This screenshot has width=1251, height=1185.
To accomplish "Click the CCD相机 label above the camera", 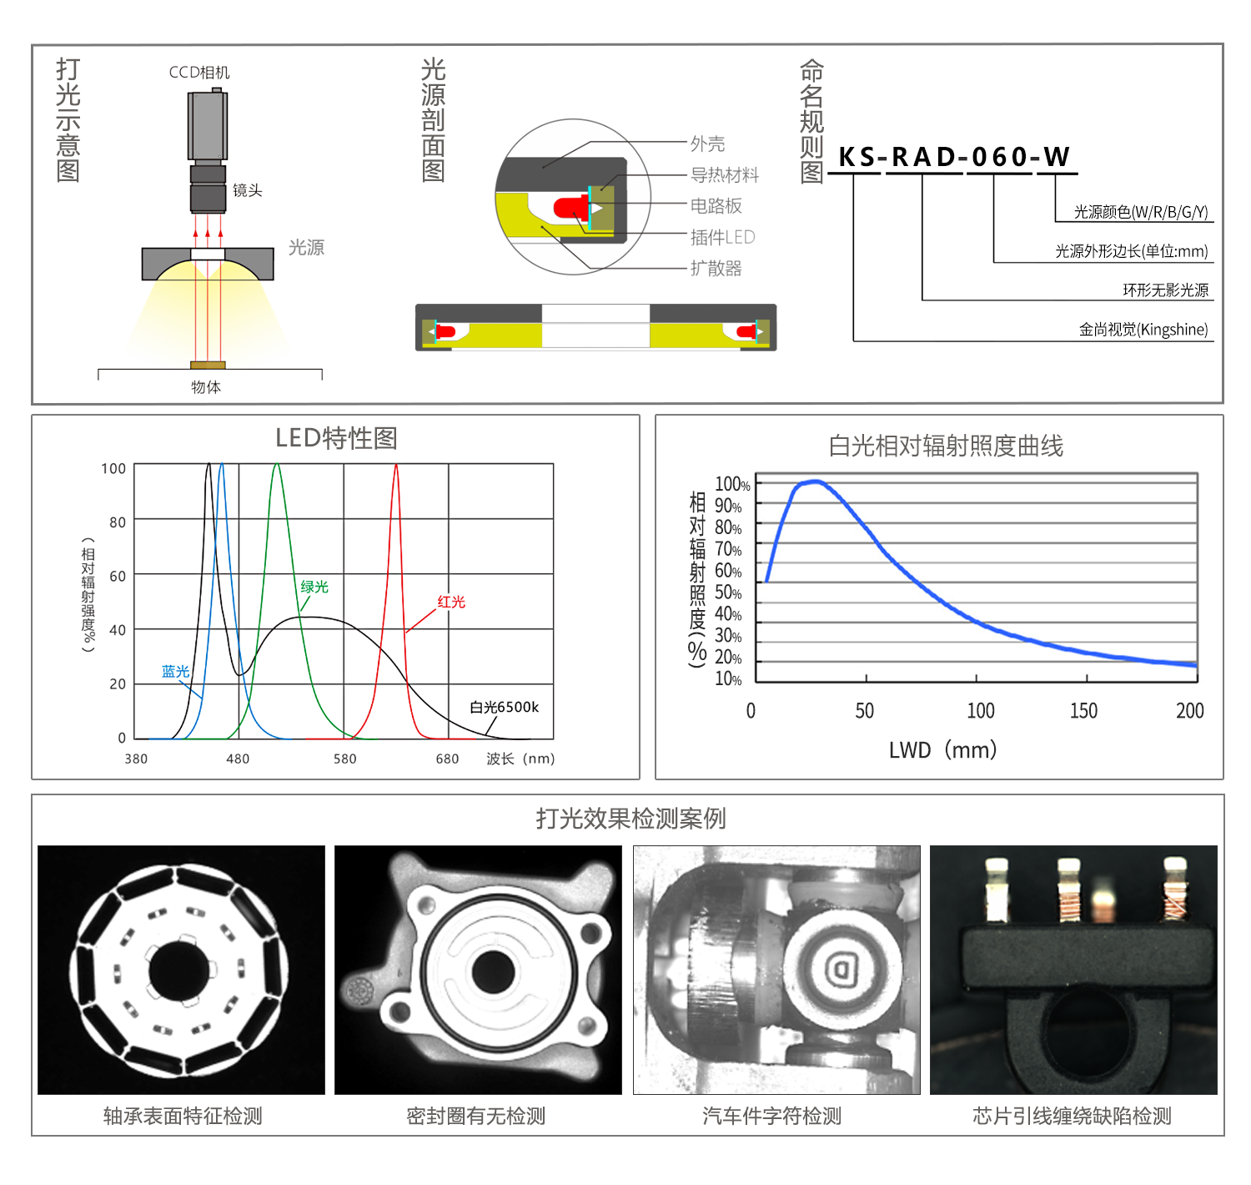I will coord(199,73).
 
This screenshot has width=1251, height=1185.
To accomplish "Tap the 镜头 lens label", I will coord(248,190).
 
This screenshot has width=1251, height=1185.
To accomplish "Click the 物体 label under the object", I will coord(206,387).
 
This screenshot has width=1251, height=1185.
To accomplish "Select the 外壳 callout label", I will coord(707,144).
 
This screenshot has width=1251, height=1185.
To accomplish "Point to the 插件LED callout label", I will coord(722,237).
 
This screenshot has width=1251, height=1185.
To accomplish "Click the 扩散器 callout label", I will coord(716,268).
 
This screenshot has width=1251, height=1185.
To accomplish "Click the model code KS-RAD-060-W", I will coord(953,157).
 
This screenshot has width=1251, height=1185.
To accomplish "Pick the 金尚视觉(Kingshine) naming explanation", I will coord(1143,330).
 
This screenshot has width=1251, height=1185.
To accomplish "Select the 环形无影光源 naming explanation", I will coord(1165,290).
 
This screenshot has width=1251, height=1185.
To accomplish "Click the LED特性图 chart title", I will coord(336,438).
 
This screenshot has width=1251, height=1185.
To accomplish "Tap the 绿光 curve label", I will coord(314,587).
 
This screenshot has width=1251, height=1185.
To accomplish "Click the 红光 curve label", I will coord(451,602).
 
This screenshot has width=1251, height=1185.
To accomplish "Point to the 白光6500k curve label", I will coord(504,708).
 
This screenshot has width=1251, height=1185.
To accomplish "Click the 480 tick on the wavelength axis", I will coord(238,759).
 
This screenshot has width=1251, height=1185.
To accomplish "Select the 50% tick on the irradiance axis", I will coord(728,592).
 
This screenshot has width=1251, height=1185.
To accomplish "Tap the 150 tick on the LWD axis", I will coord(1083,711).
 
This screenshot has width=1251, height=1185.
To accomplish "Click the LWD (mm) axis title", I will coord(942,750).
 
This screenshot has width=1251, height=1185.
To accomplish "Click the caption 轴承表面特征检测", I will coord(183,1116).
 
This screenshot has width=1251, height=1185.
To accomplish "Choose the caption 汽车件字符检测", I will coord(771,1116).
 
